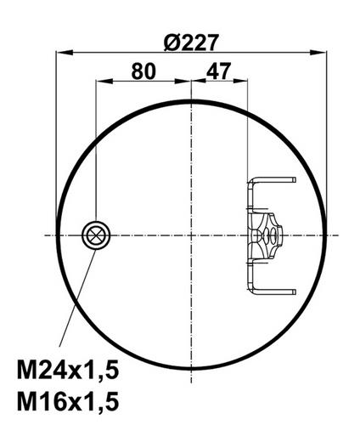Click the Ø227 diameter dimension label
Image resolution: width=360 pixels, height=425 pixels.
click(191, 42)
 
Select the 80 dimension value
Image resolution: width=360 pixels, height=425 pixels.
click(143, 71)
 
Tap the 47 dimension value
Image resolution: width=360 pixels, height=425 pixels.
click(218, 71)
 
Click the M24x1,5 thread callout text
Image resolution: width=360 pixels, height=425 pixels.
click(68, 369)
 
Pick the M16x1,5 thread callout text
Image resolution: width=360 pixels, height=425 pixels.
click(68, 401)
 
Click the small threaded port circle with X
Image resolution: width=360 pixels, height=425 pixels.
click(96, 235)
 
